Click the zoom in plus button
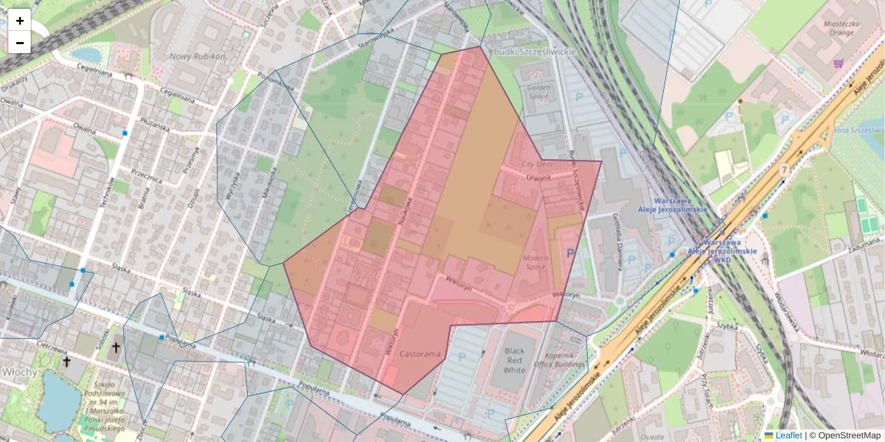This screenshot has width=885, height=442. click(x=19, y=21)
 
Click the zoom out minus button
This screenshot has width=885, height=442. click(x=19, y=43)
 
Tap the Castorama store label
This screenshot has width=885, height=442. click(x=420, y=354)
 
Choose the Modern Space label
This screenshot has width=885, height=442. click(x=536, y=263)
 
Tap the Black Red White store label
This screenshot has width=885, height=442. click(x=514, y=359)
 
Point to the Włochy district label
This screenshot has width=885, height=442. click(x=19, y=373)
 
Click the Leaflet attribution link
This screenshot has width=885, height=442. click(x=788, y=435)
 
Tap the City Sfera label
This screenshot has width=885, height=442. click(x=537, y=164)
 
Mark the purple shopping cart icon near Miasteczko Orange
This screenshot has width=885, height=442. click(x=838, y=63)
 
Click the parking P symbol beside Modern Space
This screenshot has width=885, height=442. click(x=569, y=253)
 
